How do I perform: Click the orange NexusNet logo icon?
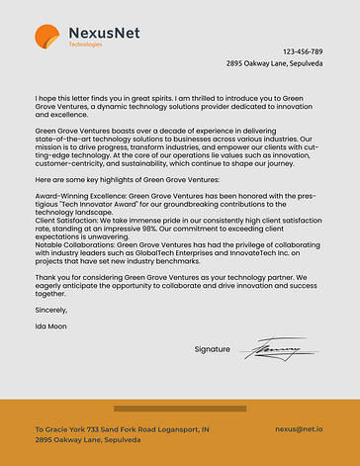pos(47,37)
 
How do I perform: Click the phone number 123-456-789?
pos(302,50)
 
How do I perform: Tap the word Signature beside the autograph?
pos(213,349)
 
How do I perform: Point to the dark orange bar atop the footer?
pos(180,408)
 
